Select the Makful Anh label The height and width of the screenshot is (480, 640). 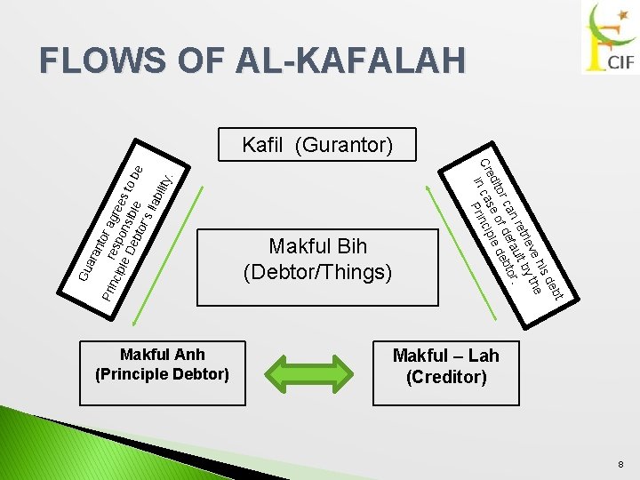(x=162, y=355)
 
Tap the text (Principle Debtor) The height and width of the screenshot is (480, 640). (x=162, y=374)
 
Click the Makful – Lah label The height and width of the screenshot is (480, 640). (x=446, y=356)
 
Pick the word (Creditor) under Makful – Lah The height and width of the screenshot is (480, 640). (x=446, y=377)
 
